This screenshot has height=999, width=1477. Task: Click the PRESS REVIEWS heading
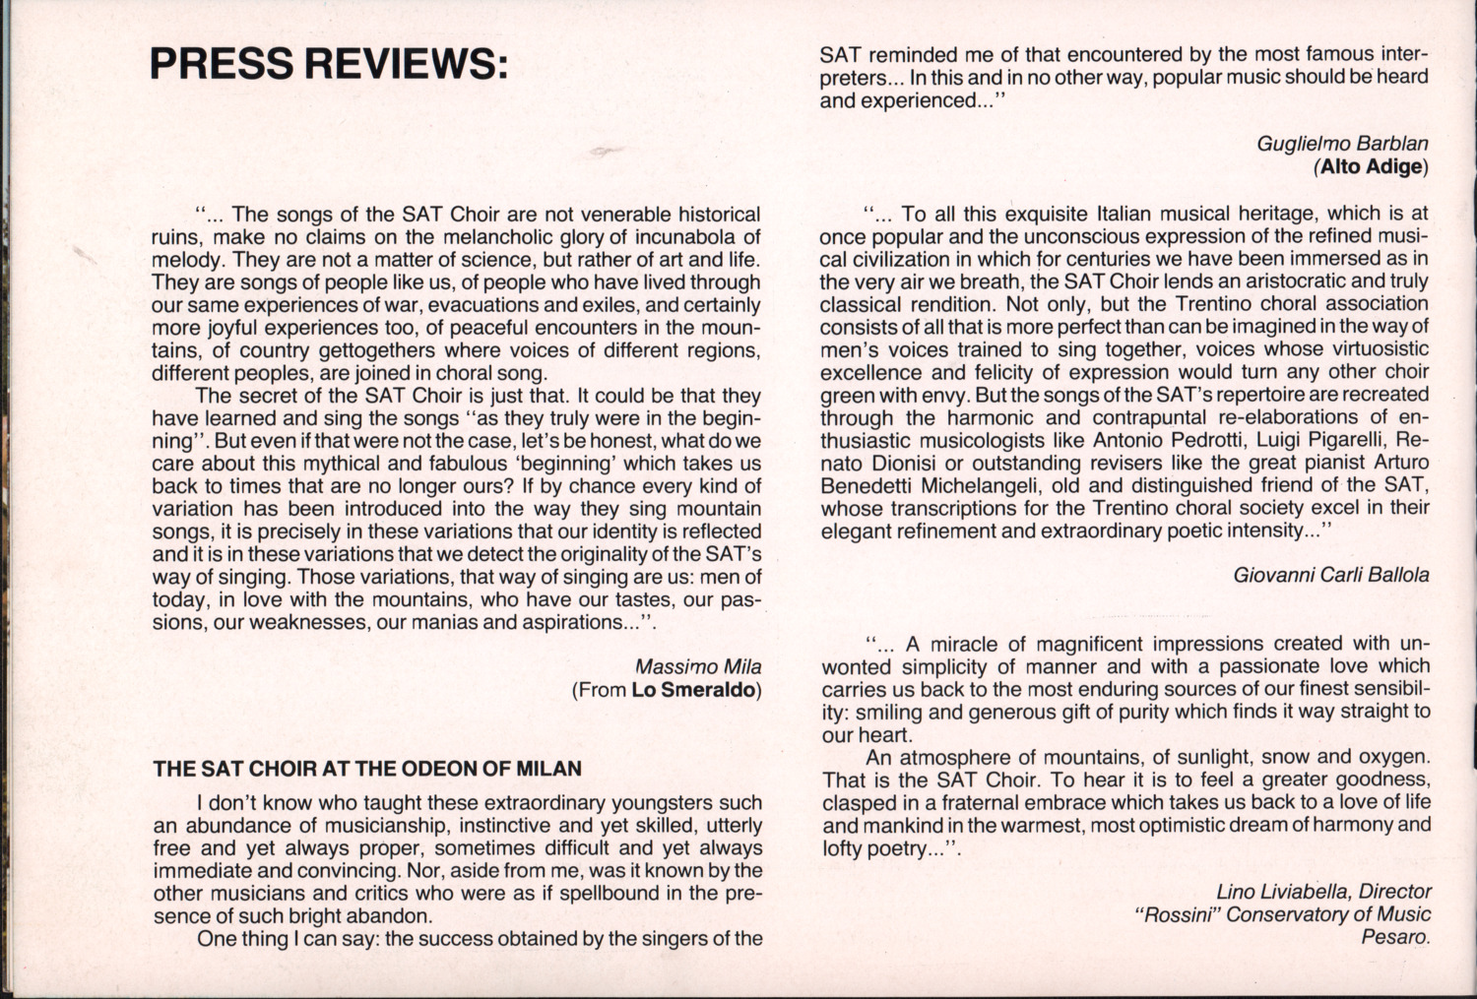click(329, 62)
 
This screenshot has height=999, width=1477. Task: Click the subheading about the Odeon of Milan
click(367, 769)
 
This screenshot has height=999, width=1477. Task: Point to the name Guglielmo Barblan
click(1342, 143)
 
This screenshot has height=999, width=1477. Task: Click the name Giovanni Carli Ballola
click(1330, 574)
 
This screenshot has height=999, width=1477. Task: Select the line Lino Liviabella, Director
click(1323, 892)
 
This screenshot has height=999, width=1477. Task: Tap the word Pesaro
click(1395, 937)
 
